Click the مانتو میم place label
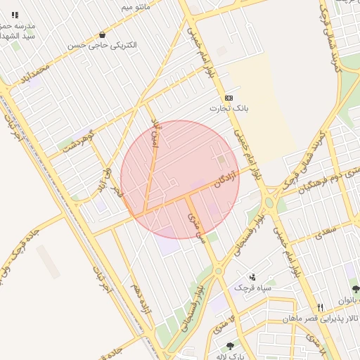(136, 7)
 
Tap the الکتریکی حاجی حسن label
(102, 45)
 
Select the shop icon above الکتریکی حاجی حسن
(103, 34)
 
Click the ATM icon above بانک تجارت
(229, 98)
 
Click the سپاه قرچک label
(252, 288)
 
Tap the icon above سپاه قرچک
(252, 277)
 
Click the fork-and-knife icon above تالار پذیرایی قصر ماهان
(321, 307)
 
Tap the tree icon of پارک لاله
(229, 346)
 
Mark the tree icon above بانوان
(356, 289)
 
